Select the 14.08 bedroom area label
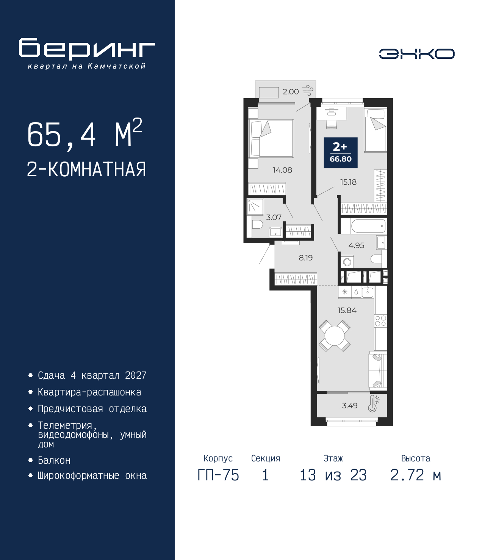[282, 170]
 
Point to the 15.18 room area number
[348, 182]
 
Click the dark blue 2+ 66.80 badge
[341, 152]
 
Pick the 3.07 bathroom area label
[274, 217]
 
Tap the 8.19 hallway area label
[306, 258]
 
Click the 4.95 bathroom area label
[357, 245]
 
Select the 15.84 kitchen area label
[347, 310]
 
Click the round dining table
[335, 336]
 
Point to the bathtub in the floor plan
[368, 226]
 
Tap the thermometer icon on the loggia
[374, 404]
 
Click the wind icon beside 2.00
[308, 91]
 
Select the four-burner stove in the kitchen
[380, 321]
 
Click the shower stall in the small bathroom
[255, 207]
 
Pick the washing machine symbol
[347, 262]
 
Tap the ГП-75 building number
[218, 475]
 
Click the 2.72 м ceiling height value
[416, 475]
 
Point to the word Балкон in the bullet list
[54, 460]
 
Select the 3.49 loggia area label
[350, 406]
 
